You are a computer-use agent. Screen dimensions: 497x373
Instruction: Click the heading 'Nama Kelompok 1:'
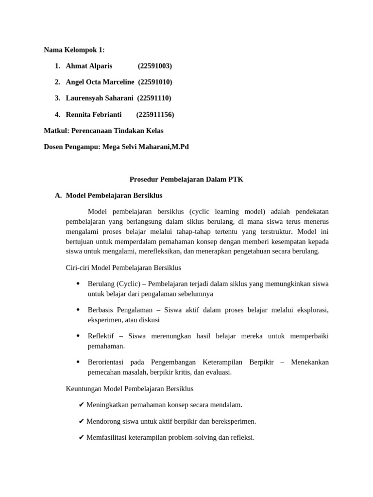tap(74, 50)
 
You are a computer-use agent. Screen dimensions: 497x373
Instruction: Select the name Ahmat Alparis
tap(89, 66)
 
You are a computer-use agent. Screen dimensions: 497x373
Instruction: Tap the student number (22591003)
tap(154, 66)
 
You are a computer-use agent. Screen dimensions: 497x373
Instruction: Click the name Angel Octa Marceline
tap(100, 82)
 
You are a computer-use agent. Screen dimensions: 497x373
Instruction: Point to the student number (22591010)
tap(155, 82)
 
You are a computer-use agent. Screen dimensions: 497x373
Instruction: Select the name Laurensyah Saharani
tap(99, 98)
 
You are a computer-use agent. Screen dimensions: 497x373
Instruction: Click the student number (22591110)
tap(154, 98)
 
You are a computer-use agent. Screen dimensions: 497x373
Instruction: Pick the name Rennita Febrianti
tap(94, 115)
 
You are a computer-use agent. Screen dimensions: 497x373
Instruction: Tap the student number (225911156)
tap(155, 115)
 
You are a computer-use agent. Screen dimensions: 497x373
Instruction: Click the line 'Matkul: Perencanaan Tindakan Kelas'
tap(103, 131)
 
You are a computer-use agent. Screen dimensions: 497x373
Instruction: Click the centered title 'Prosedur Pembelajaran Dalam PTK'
tap(186, 179)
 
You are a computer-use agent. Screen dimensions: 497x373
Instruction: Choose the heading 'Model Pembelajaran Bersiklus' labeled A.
tap(114, 196)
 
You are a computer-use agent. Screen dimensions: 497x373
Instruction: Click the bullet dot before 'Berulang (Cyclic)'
tap(78, 283)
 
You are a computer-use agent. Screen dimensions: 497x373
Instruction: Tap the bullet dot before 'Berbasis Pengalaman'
tap(78, 310)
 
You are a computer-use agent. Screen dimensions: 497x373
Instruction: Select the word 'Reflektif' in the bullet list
tap(101, 336)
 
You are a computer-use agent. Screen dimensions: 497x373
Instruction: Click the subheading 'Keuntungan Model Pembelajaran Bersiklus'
tap(129, 388)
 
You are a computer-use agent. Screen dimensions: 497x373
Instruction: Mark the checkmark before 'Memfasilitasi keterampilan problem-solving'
tap(81, 437)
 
